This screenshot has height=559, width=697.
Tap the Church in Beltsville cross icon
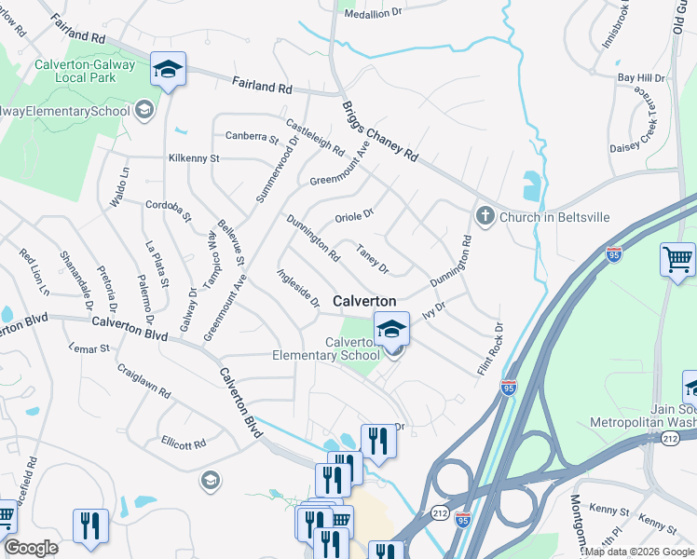485,216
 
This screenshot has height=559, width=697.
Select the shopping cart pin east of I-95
677,259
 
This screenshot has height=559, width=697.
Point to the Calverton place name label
364,301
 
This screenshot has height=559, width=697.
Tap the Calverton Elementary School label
326,348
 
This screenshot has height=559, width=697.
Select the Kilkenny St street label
194,158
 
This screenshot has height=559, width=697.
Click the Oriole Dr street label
354,215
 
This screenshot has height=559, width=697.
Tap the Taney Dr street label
372,258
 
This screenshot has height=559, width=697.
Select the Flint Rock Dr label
490,349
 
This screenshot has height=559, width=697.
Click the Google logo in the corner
31,548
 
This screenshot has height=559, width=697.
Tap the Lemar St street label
89,348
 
